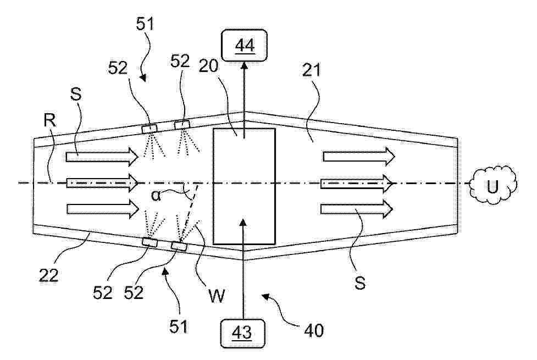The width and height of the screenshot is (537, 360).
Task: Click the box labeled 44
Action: click(x=245, y=45)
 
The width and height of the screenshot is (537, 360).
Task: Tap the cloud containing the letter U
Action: click(x=493, y=185)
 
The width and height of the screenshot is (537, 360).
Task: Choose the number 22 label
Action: click(x=48, y=275)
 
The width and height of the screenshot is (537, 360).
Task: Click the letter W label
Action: click(x=217, y=296)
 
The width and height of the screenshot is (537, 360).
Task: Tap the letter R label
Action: click(x=50, y=120)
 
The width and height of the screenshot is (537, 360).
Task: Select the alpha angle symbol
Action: click(x=156, y=196)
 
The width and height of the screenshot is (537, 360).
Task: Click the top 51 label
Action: click(x=145, y=24)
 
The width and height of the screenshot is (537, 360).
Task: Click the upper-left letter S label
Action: click(x=76, y=94)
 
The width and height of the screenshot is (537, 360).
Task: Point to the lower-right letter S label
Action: click(x=360, y=283)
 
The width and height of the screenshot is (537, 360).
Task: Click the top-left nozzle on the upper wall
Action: click(x=150, y=129)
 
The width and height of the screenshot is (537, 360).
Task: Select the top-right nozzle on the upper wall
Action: click(x=182, y=125)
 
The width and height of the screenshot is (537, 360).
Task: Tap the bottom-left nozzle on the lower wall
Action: click(x=150, y=242)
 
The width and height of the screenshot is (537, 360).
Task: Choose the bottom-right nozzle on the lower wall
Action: click(x=179, y=246)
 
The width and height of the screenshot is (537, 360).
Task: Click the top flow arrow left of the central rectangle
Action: click(x=102, y=157)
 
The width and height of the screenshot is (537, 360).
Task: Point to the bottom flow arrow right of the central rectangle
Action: click(x=357, y=209)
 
